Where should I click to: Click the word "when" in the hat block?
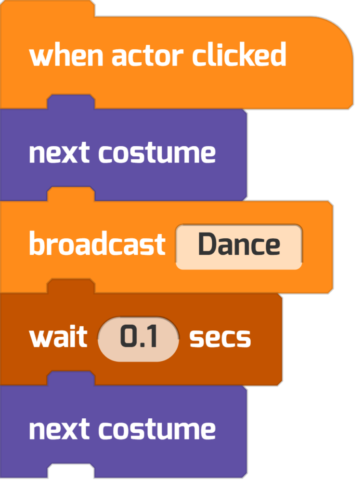(x=66, y=56)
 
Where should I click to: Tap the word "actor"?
(x=147, y=57)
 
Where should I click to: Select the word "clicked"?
(x=239, y=55)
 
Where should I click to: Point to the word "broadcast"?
(x=97, y=244)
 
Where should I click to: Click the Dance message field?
(x=239, y=247)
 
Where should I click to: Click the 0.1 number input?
(x=138, y=339)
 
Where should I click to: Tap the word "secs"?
(x=220, y=338)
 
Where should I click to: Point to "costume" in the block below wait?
(x=157, y=430)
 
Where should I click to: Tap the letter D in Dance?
(x=208, y=244)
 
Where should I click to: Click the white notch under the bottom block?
(x=71, y=471)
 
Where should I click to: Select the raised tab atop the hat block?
(x=47, y=8)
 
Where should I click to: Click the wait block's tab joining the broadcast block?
(x=71, y=286)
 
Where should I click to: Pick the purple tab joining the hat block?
(x=71, y=101)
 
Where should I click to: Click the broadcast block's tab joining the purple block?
(x=71, y=194)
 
